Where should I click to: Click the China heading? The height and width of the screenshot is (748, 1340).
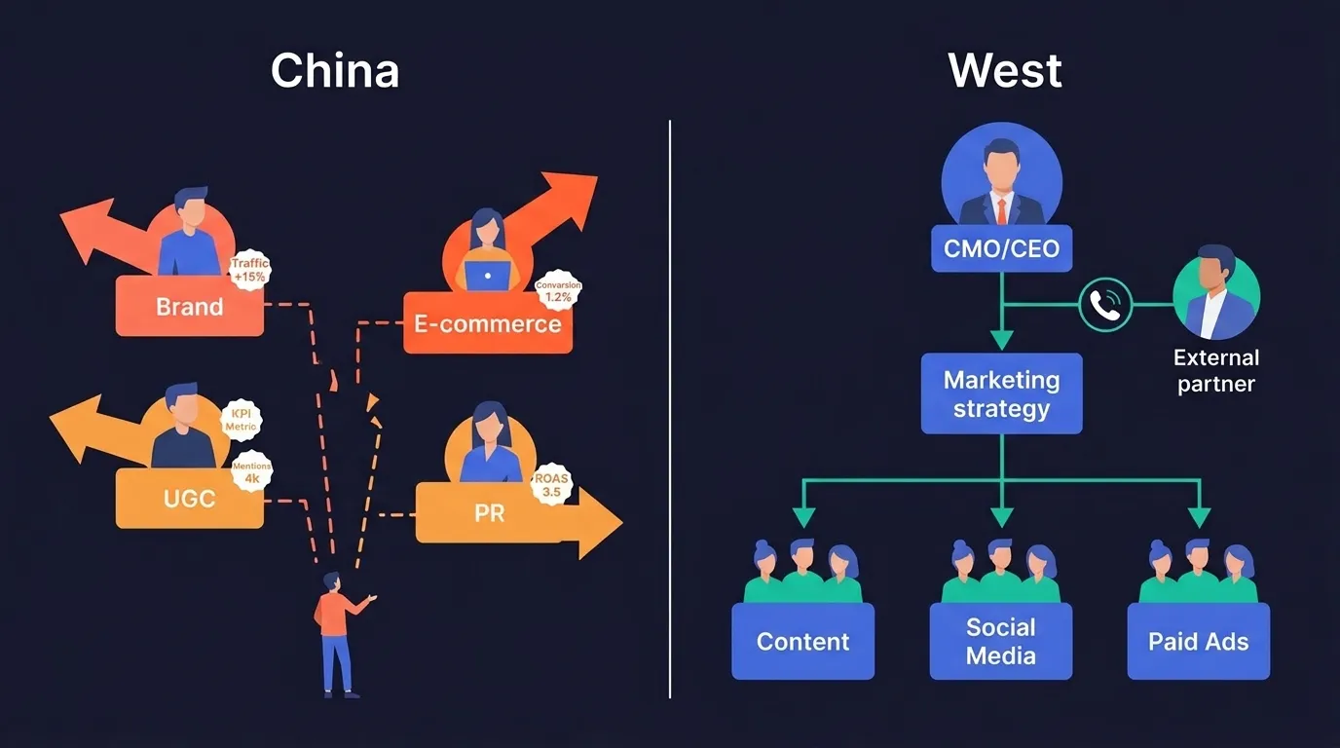pos(335,71)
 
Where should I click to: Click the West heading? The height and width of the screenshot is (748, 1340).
pos(1005,71)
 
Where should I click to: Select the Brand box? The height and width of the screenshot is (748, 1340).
pos(189,307)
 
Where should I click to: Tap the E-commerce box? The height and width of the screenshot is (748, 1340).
pos(487,324)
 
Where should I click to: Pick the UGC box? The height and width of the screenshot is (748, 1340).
pos(189,499)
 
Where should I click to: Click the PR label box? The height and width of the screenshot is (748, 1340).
pos(489,512)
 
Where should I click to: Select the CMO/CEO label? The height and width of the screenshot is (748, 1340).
pos(1001,248)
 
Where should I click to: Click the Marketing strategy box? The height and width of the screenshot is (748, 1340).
pos(1001,393)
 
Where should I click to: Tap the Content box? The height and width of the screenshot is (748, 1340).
pos(802,641)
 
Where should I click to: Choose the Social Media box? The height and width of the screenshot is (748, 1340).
pos(1001,641)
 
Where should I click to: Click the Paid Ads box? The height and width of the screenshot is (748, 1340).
pos(1198,641)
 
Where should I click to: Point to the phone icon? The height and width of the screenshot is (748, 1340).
pos(1105,305)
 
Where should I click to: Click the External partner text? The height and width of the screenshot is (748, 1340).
pos(1215,371)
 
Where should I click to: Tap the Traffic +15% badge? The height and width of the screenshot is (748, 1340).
pos(249,270)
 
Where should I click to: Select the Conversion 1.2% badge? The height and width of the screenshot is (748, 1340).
pos(558,290)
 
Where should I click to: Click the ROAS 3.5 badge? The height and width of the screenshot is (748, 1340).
pos(550,485)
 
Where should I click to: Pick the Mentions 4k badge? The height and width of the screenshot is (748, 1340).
pos(251,472)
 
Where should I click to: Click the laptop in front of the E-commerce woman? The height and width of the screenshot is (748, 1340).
pos(487,277)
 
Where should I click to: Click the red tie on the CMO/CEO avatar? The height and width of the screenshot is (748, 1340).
pos(1001,210)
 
